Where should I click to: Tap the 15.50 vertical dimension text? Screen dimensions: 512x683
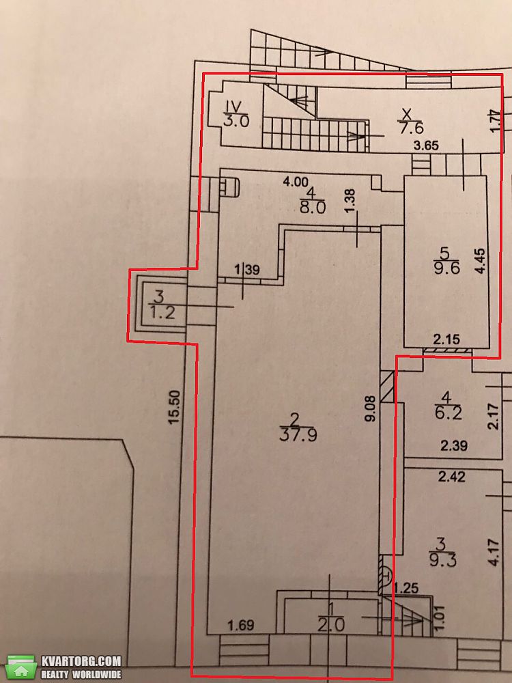tap(174, 407)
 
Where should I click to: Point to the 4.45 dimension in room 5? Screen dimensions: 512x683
tap(480, 260)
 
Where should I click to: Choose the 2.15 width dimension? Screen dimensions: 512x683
tap(447, 339)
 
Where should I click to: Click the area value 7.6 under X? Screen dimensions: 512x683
tap(411, 129)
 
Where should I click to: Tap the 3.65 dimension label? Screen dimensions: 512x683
tap(425, 145)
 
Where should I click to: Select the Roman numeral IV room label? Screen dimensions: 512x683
tap(236, 106)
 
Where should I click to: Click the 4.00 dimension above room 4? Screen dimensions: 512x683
tap(296, 181)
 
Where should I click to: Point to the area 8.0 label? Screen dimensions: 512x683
tap(313, 207)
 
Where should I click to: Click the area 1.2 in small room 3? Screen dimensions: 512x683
tap(162, 312)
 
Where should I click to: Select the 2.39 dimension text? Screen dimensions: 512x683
tap(454, 445)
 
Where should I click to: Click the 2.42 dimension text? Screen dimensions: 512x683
tap(451, 476)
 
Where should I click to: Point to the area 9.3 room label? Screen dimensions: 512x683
tap(443, 560)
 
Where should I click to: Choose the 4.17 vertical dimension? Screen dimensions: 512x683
tap(494, 553)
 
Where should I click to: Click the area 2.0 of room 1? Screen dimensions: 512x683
tap(332, 626)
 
